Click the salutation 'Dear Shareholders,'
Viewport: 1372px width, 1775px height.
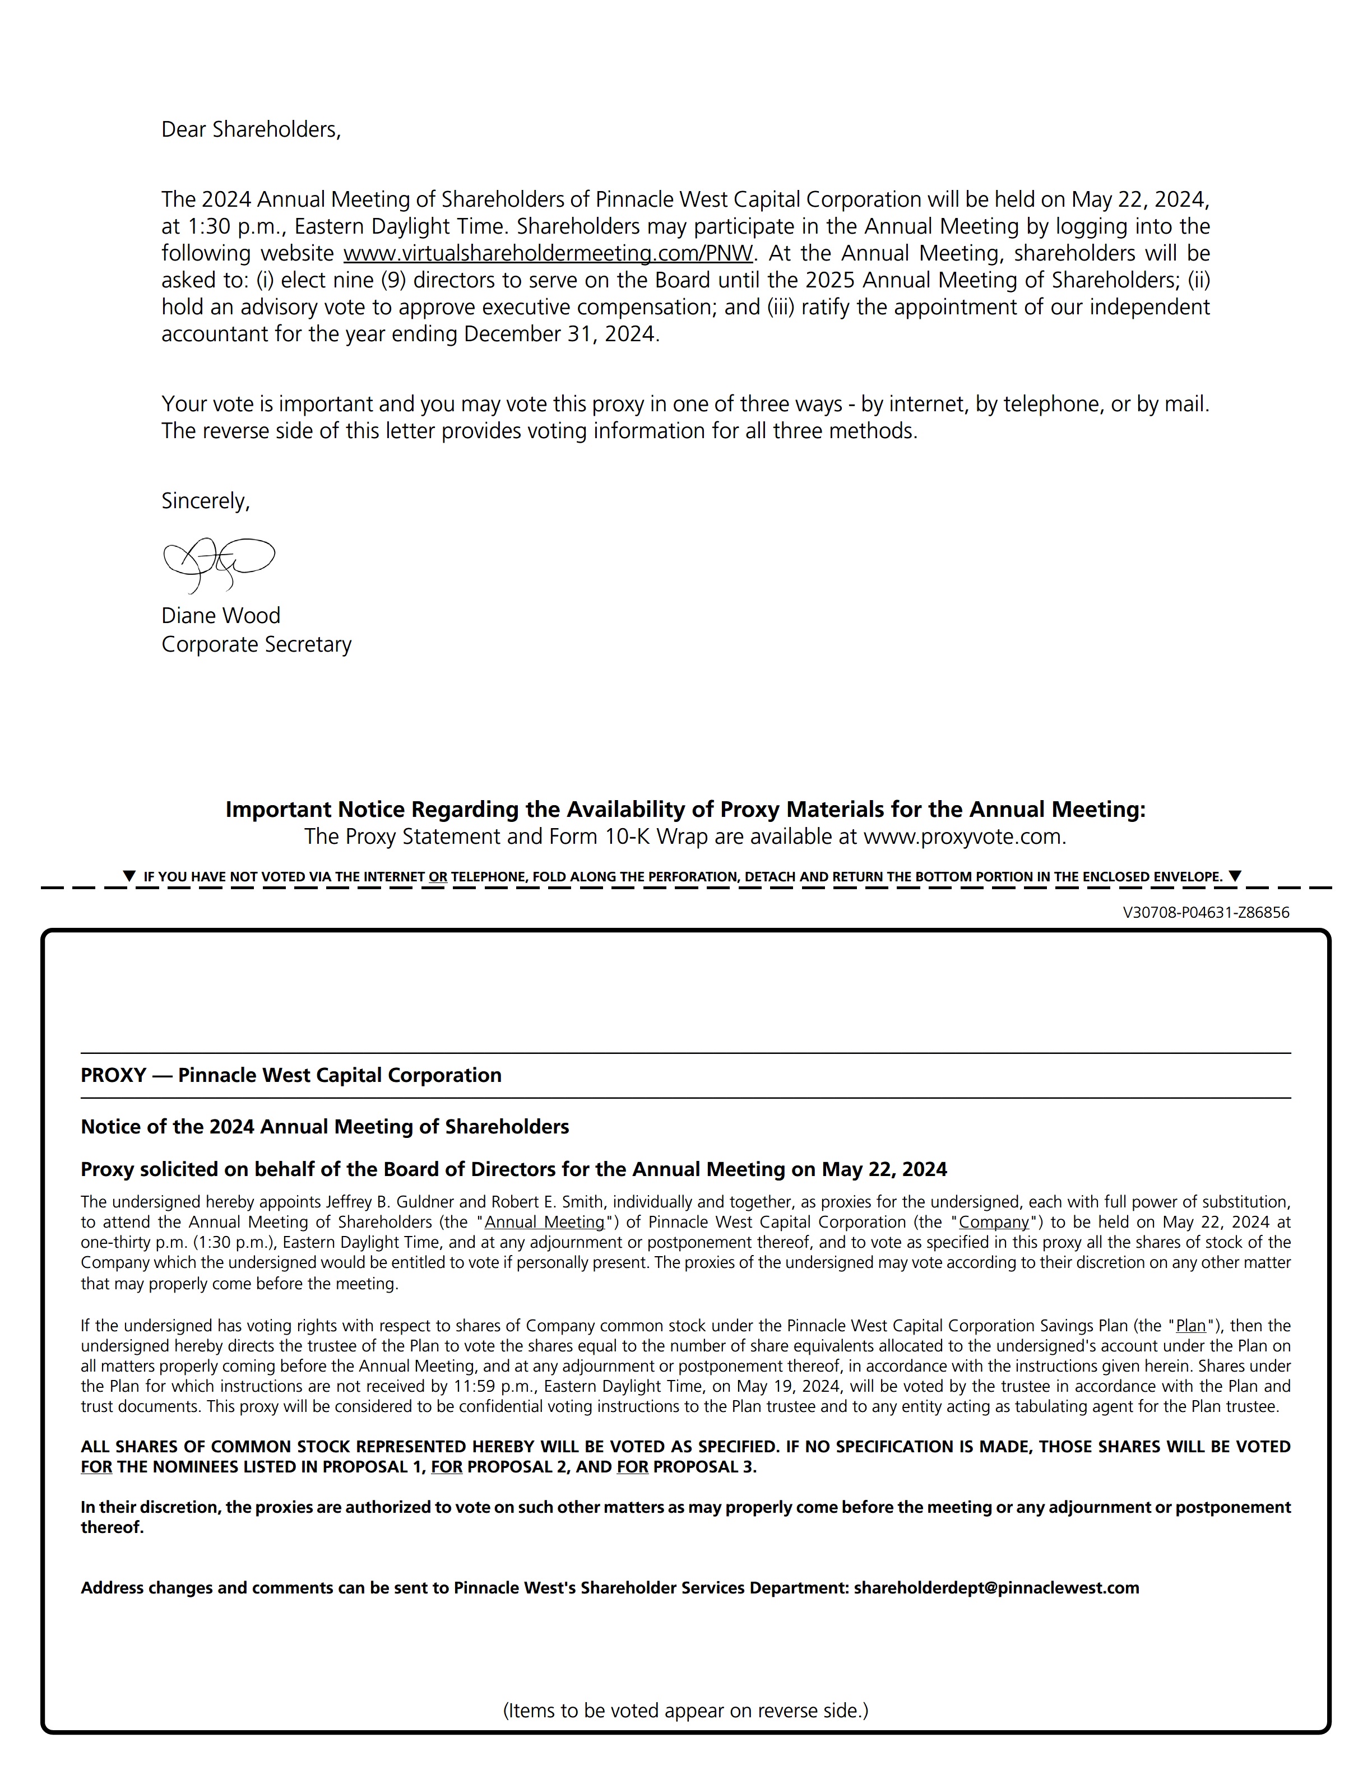pyautogui.click(x=251, y=130)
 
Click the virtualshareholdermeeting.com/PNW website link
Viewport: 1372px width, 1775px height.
pyautogui.click(x=548, y=254)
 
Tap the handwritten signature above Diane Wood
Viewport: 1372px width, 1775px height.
pyautogui.click(x=218, y=563)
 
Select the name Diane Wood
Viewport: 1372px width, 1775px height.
pyautogui.click(x=220, y=615)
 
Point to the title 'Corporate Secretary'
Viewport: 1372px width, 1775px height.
pyautogui.click(x=256, y=644)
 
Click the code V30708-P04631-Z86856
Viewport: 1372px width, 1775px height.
pyautogui.click(x=1206, y=913)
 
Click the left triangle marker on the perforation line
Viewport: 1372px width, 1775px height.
pyautogui.click(x=128, y=876)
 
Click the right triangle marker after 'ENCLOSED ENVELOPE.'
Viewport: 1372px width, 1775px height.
pyautogui.click(x=1235, y=876)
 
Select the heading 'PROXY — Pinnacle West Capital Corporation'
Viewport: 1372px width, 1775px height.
pyautogui.click(x=291, y=1075)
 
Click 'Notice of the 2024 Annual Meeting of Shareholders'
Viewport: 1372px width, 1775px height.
pyautogui.click(x=325, y=1126)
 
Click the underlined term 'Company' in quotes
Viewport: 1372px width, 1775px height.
pyautogui.click(x=993, y=1223)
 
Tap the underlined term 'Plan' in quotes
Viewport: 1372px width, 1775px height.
pyautogui.click(x=1191, y=1326)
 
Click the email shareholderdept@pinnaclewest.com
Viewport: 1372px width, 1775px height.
pyautogui.click(x=996, y=1588)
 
